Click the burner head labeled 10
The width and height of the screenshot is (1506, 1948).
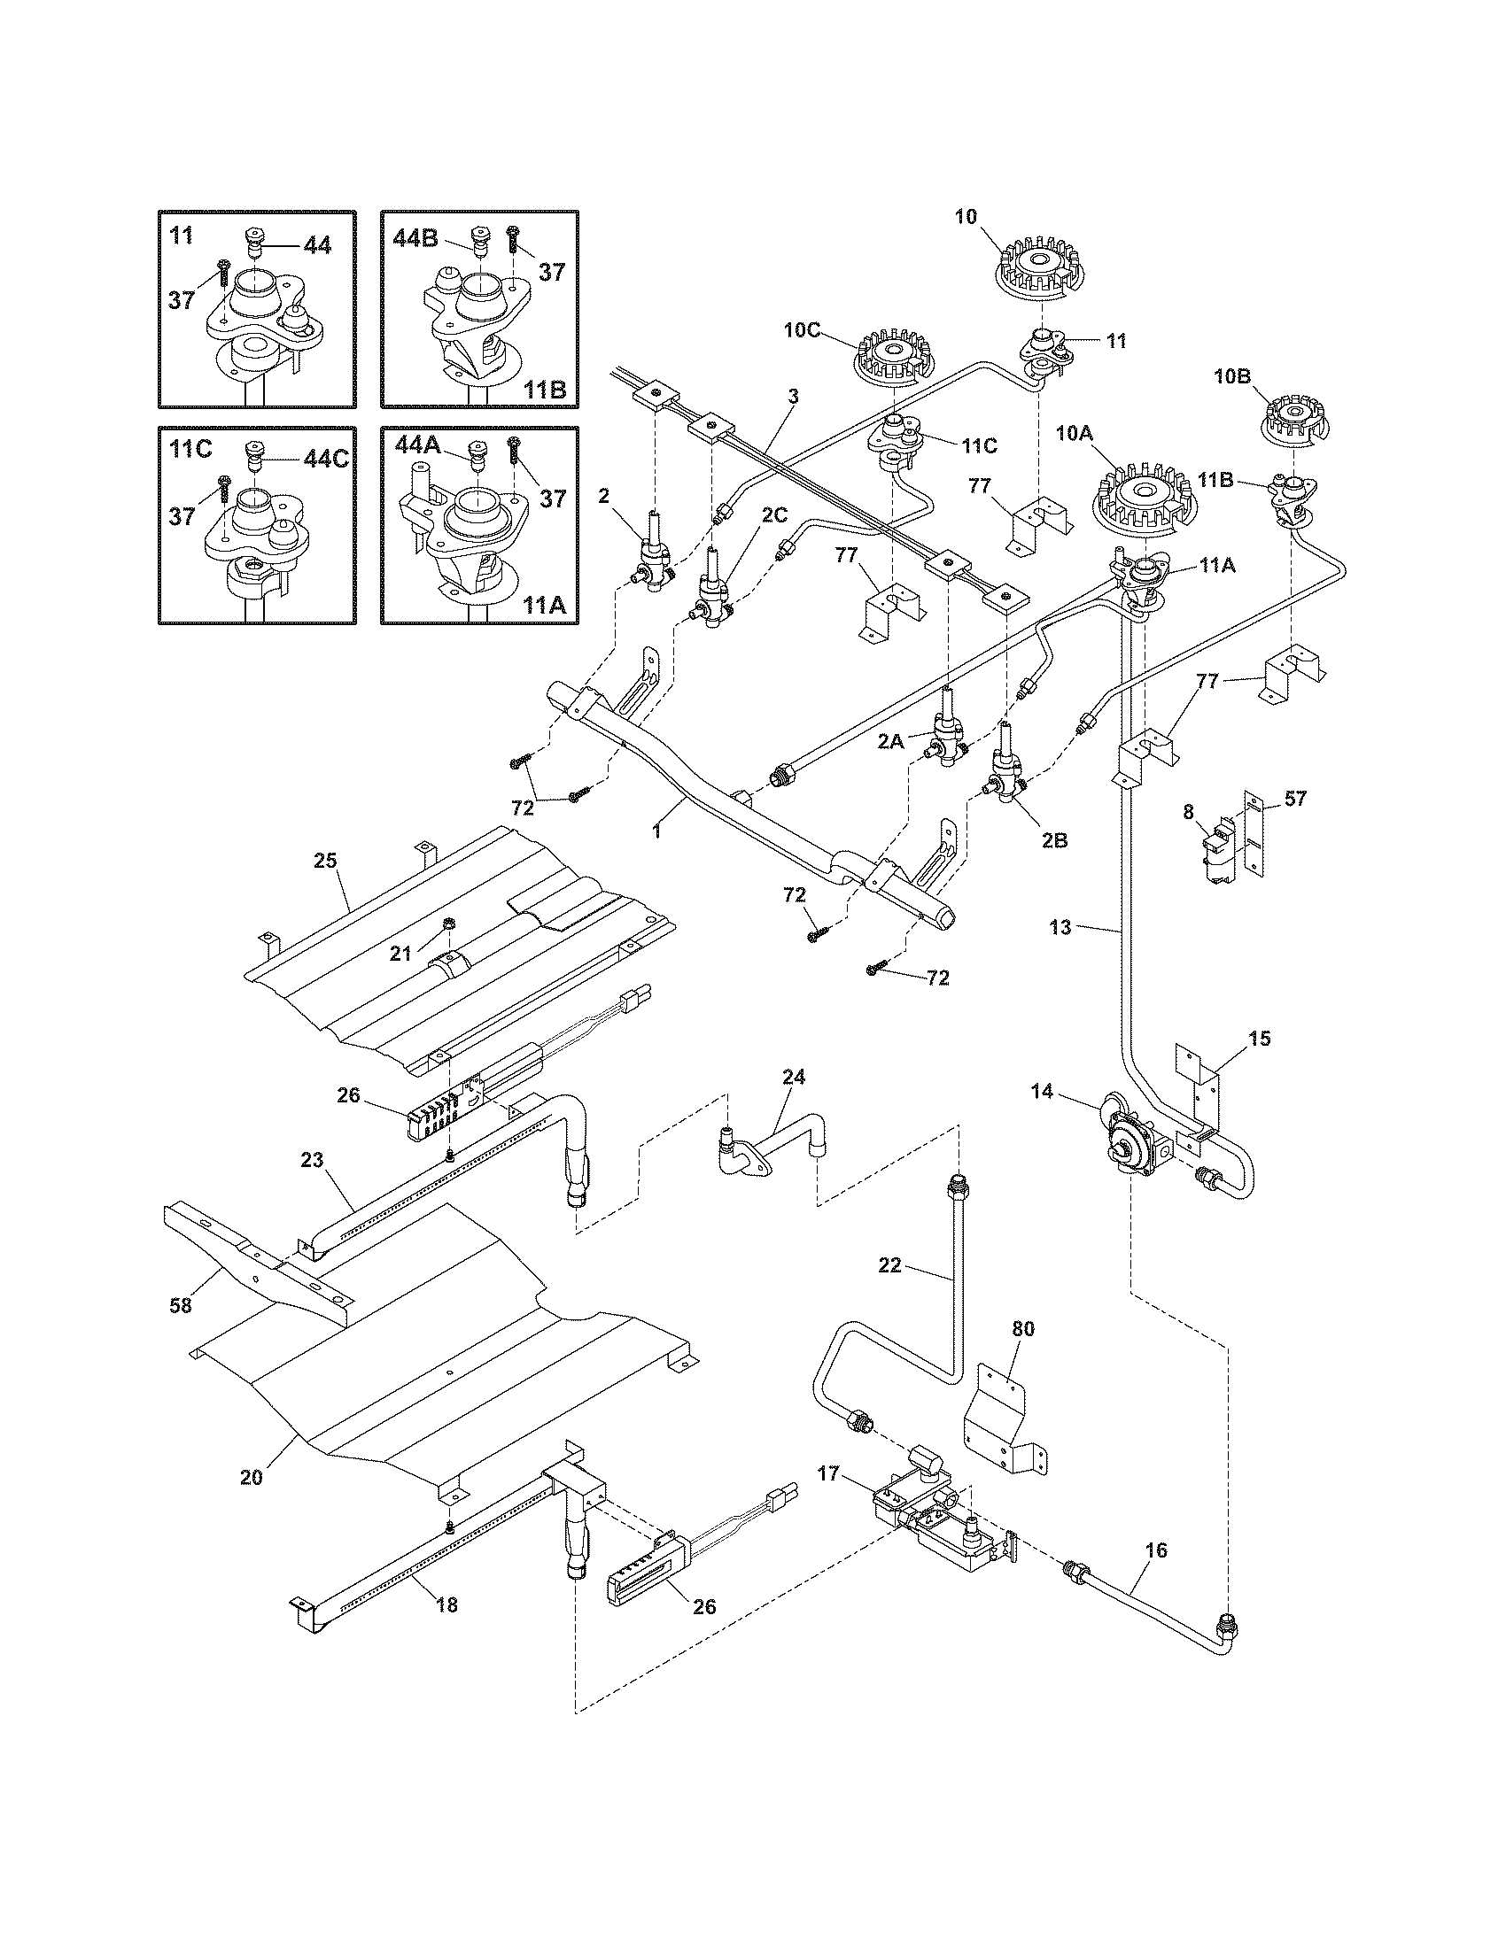tap(1040, 264)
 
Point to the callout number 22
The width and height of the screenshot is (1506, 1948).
tap(889, 1264)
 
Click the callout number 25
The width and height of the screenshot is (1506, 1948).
tap(325, 862)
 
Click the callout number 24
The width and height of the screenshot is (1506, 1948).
tap(793, 1077)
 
